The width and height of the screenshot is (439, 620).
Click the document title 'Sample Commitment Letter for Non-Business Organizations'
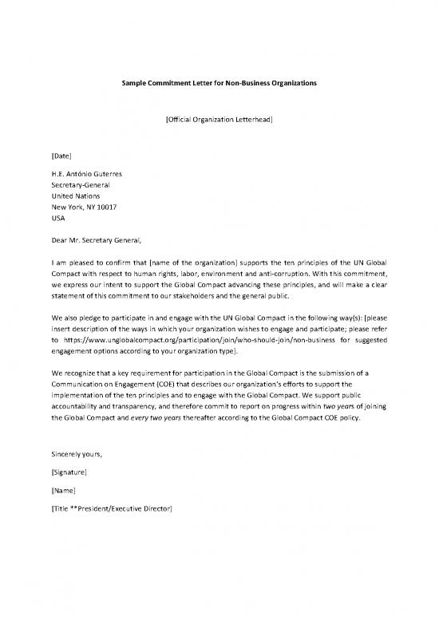[219, 83]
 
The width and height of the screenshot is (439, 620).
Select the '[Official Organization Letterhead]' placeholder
[219, 120]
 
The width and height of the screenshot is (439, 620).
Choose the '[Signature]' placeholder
[69, 472]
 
